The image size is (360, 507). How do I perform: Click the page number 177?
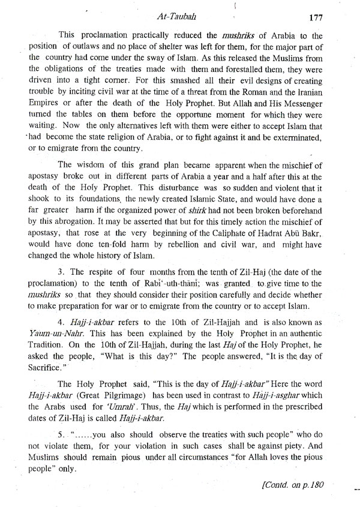316,17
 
